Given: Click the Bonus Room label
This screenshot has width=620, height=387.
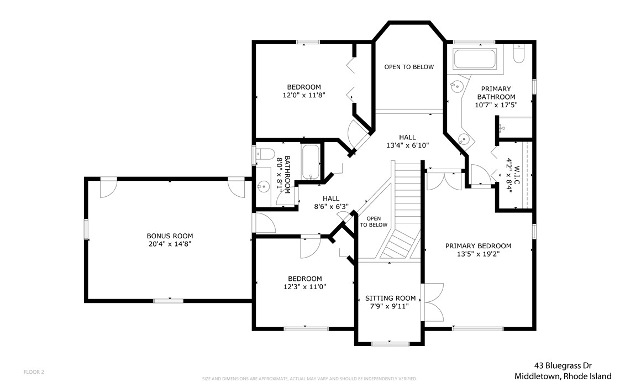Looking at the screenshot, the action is [170, 236].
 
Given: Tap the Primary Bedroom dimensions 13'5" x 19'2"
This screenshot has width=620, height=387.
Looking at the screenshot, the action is [479, 254].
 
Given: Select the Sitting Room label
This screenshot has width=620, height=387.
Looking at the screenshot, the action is [390, 299].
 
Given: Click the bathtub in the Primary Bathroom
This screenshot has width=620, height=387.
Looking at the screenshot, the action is [475, 59].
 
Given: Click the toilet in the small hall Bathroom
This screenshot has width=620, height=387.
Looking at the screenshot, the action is [265, 154].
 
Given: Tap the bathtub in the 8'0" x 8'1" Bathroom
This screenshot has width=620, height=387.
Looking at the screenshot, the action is [312, 162].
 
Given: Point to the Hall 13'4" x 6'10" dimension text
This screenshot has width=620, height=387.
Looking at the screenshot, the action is [407, 145].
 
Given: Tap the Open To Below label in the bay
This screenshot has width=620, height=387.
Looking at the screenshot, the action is [409, 67].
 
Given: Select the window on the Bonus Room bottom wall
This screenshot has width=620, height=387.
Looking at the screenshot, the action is [169, 301].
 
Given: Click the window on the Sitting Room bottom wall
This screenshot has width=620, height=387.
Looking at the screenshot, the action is [391, 343].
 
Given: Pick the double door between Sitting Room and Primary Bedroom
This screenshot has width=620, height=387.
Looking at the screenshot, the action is [433, 303].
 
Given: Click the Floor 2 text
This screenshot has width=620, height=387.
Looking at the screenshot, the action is [34, 372].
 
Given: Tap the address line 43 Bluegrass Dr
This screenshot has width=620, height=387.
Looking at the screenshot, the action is [563, 365].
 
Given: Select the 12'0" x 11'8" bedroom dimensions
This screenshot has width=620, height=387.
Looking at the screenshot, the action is [304, 95].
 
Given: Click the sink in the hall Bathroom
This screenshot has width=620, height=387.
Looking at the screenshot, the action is [263, 186].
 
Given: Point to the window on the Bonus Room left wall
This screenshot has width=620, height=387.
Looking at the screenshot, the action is [86, 229].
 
